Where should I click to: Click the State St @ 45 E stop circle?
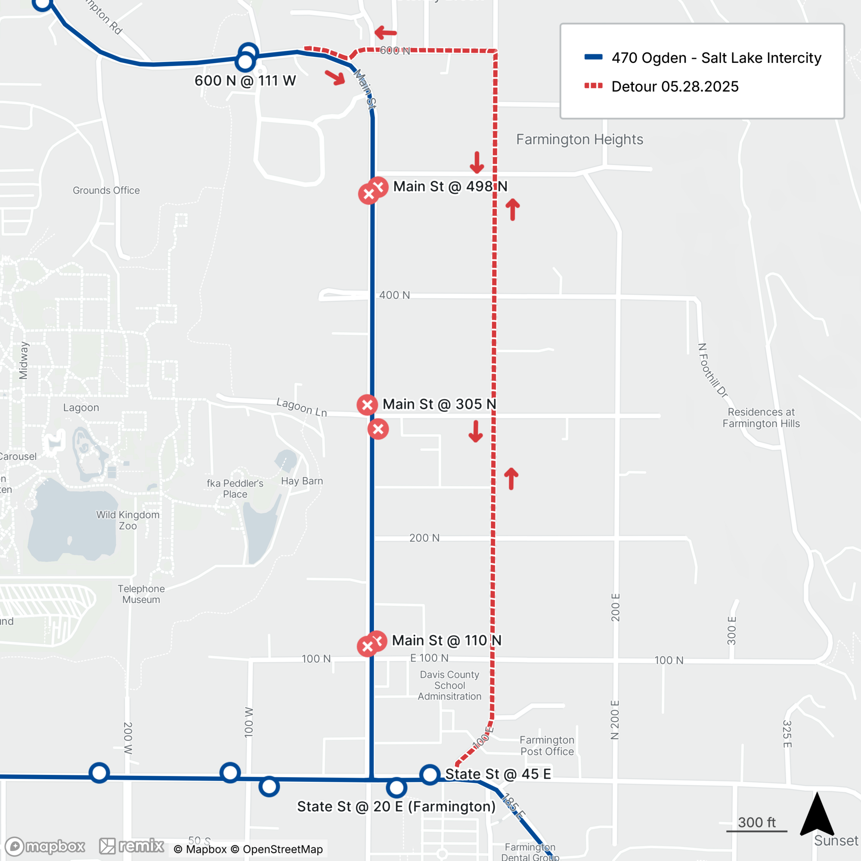[430, 774]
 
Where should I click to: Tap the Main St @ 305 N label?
[439, 404]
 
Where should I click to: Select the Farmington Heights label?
[579, 139]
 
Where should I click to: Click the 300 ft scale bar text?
[756, 822]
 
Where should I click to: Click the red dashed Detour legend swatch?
[593, 86]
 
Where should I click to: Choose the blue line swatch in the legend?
[593, 57]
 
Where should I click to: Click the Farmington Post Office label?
[547, 746]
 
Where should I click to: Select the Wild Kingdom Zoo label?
[127, 520]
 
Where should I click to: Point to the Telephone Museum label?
[141, 594]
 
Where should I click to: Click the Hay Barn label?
[302, 481]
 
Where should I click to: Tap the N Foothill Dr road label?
[712, 370]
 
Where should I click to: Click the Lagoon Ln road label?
[302, 407]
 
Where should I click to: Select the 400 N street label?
[394, 295]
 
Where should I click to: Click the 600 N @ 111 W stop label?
[245, 81]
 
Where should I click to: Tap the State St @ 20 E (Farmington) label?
[396, 807]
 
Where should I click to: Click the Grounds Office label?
[106, 190]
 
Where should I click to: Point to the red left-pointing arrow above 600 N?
[385, 33]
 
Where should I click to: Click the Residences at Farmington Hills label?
[761, 418]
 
